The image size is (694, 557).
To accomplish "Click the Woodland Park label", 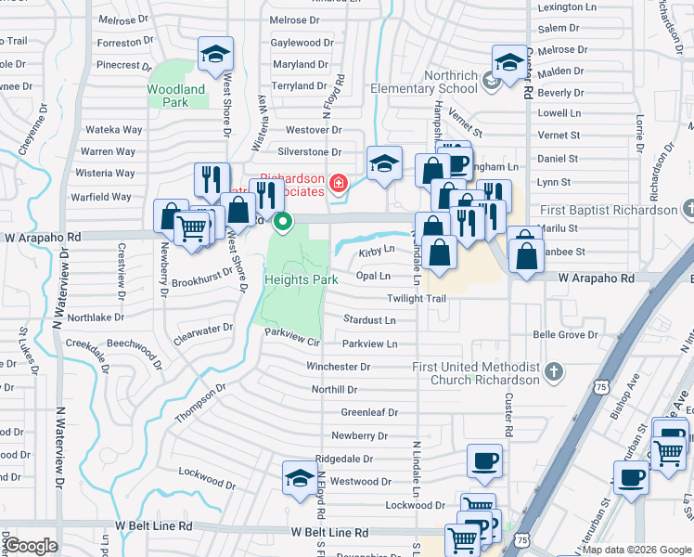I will click(175, 96).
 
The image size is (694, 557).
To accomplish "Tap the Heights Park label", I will click(301, 279).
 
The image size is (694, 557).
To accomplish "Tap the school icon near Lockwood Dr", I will click(299, 478).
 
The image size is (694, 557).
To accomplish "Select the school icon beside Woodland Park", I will click(214, 54).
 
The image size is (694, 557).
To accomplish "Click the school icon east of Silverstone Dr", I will click(384, 162).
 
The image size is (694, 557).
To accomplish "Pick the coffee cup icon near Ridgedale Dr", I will click(484, 460).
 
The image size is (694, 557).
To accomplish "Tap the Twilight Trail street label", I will click(417, 299).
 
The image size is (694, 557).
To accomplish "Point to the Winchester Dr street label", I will click(338, 367).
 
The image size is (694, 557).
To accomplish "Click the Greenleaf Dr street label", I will click(368, 412).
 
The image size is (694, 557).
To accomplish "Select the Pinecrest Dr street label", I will click(123, 66).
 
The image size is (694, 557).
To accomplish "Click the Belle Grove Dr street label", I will click(569, 335).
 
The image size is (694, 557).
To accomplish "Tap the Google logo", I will click(31, 546).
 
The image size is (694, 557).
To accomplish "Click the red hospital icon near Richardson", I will click(340, 184).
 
